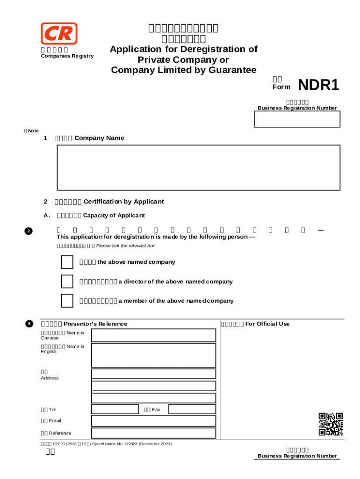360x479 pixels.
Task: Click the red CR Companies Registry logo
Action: (59, 34)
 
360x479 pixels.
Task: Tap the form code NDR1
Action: (318, 85)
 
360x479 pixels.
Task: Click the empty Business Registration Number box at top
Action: (297, 119)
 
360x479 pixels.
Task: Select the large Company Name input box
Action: (198, 167)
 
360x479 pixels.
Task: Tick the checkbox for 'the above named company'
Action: (67, 262)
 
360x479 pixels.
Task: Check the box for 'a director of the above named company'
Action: (67, 282)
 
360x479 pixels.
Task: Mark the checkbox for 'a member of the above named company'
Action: (67, 301)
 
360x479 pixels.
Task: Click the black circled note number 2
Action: (29, 231)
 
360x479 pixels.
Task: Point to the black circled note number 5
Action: (29, 324)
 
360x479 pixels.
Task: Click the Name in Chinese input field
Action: (153, 335)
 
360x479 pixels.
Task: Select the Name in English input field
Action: (153, 355)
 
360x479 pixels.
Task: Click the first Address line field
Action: (153, 373)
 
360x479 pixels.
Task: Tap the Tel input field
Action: (115, 409)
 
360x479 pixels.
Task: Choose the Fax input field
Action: (192, 409)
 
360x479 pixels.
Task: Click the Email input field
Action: (153, 421)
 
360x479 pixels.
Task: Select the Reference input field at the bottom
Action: (153, 433)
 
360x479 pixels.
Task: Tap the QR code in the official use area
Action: (331, 424)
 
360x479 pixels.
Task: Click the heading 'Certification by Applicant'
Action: (123, 202)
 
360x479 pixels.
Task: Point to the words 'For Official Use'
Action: (267, 324)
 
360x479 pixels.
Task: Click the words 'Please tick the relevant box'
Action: (125, 246)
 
